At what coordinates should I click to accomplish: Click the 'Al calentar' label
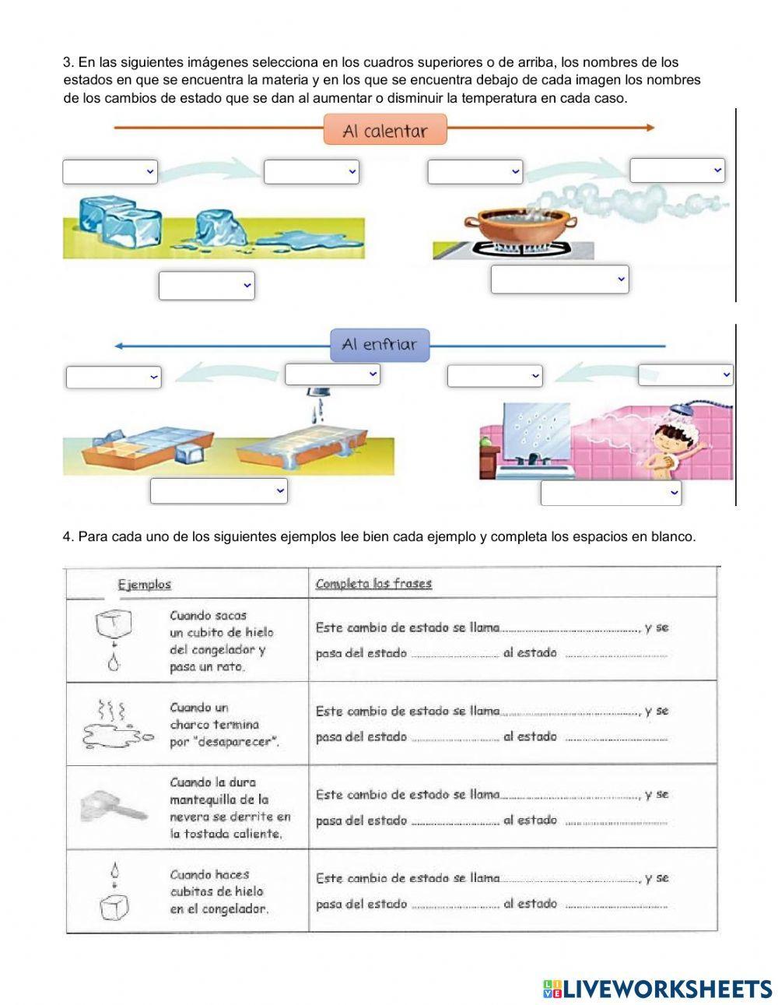pos(385,130)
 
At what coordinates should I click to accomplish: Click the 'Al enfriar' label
pos(380,345)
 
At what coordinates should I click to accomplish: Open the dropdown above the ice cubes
pos(110,171)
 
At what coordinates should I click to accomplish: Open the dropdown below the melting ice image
pos(206,285)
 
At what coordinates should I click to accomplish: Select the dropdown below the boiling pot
pos(559,279)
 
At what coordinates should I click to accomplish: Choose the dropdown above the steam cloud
pos(677,170)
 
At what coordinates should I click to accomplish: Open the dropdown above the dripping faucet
pos(332,374)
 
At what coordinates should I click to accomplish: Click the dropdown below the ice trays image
pos(219,491)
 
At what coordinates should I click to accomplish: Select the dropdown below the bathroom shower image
pos(611,493)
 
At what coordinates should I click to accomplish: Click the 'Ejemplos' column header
pos(145,584)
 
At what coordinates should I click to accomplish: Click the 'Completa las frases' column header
pos(373,584)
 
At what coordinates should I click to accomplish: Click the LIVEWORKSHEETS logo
pos(657,989)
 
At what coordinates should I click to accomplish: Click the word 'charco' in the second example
pos(189,725)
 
